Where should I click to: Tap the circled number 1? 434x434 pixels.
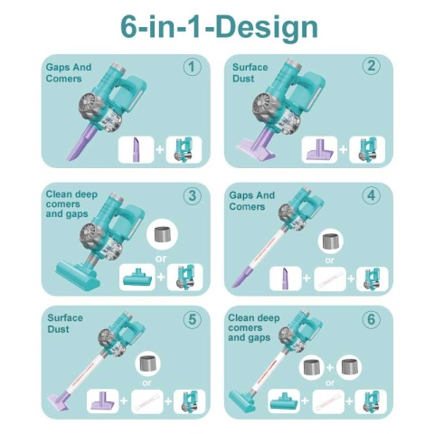click(193, 67)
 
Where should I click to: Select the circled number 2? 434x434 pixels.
click(372, 66)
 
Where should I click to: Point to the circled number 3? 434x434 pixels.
click(193, 195)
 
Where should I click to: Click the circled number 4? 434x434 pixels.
click(372, 195)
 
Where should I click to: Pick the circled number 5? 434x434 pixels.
click(193, 319)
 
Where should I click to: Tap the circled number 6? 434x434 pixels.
click(372, 319)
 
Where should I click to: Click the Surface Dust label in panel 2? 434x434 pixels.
click(250, 72)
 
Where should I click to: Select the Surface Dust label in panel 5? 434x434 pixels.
click(65, 324)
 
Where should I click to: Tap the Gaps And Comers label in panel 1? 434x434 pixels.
click(69, 72)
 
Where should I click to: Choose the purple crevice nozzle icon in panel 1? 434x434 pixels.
click(136, 150)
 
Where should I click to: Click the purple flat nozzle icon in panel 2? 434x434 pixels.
click(320, 150)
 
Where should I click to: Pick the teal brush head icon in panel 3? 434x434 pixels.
click(137, 278)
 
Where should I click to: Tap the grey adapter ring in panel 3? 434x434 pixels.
click(162, 235)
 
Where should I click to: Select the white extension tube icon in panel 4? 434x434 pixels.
click(329, 279)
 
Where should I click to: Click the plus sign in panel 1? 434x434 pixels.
click(160, 149)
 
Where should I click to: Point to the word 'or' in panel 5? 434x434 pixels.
click(146, 383)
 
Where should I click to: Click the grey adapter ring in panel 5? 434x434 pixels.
click(148, 363)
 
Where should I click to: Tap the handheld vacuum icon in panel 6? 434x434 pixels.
click(371, 401)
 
